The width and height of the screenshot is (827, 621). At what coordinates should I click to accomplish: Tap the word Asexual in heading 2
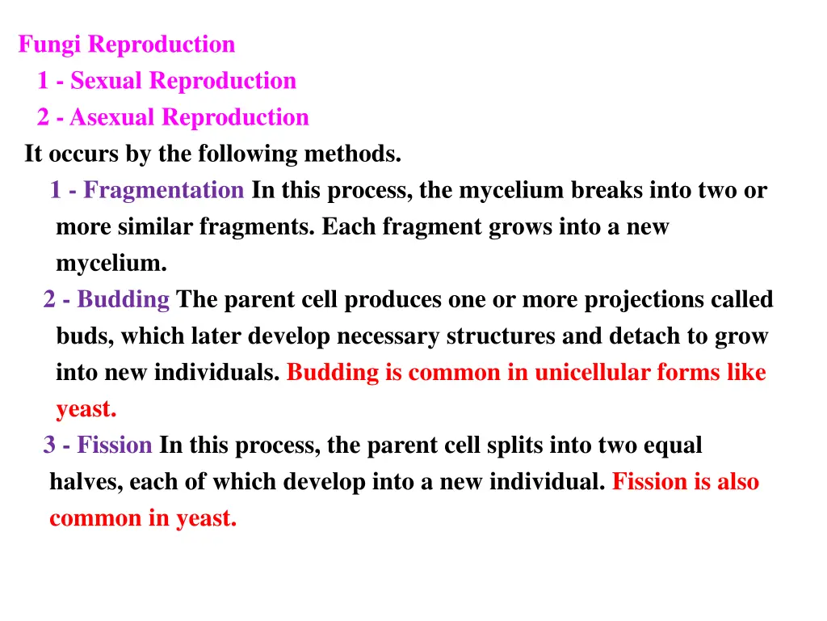[x=112, y=118]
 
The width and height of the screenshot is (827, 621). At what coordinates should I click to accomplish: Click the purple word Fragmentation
[x=163, y=191]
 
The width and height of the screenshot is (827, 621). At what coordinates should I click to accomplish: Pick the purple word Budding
[x=123, y=300]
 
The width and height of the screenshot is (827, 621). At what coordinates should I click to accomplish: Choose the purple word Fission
[x=115, y=446]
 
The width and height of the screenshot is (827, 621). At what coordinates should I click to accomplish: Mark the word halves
[x=84, y=483]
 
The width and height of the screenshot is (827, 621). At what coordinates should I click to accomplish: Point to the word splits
[x=516, y=446]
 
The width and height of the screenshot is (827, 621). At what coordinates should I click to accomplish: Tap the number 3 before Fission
[x=49, y=446]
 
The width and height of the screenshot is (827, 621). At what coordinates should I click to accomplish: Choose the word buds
[x=84, y=336]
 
